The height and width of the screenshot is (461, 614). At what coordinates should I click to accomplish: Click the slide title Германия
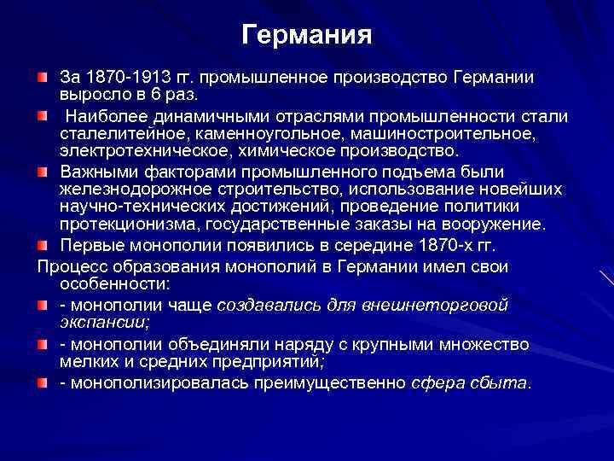pos(307,35)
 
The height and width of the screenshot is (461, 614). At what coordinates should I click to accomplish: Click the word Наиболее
pos(99,116)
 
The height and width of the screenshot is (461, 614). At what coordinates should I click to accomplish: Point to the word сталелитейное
pos(107,133)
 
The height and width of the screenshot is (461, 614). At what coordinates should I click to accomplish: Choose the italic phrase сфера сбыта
pos(469,382)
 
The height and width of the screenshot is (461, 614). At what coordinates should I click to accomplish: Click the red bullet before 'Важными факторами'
pos(43,171)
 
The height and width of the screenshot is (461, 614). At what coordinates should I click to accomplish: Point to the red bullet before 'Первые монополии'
pos(43,246)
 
